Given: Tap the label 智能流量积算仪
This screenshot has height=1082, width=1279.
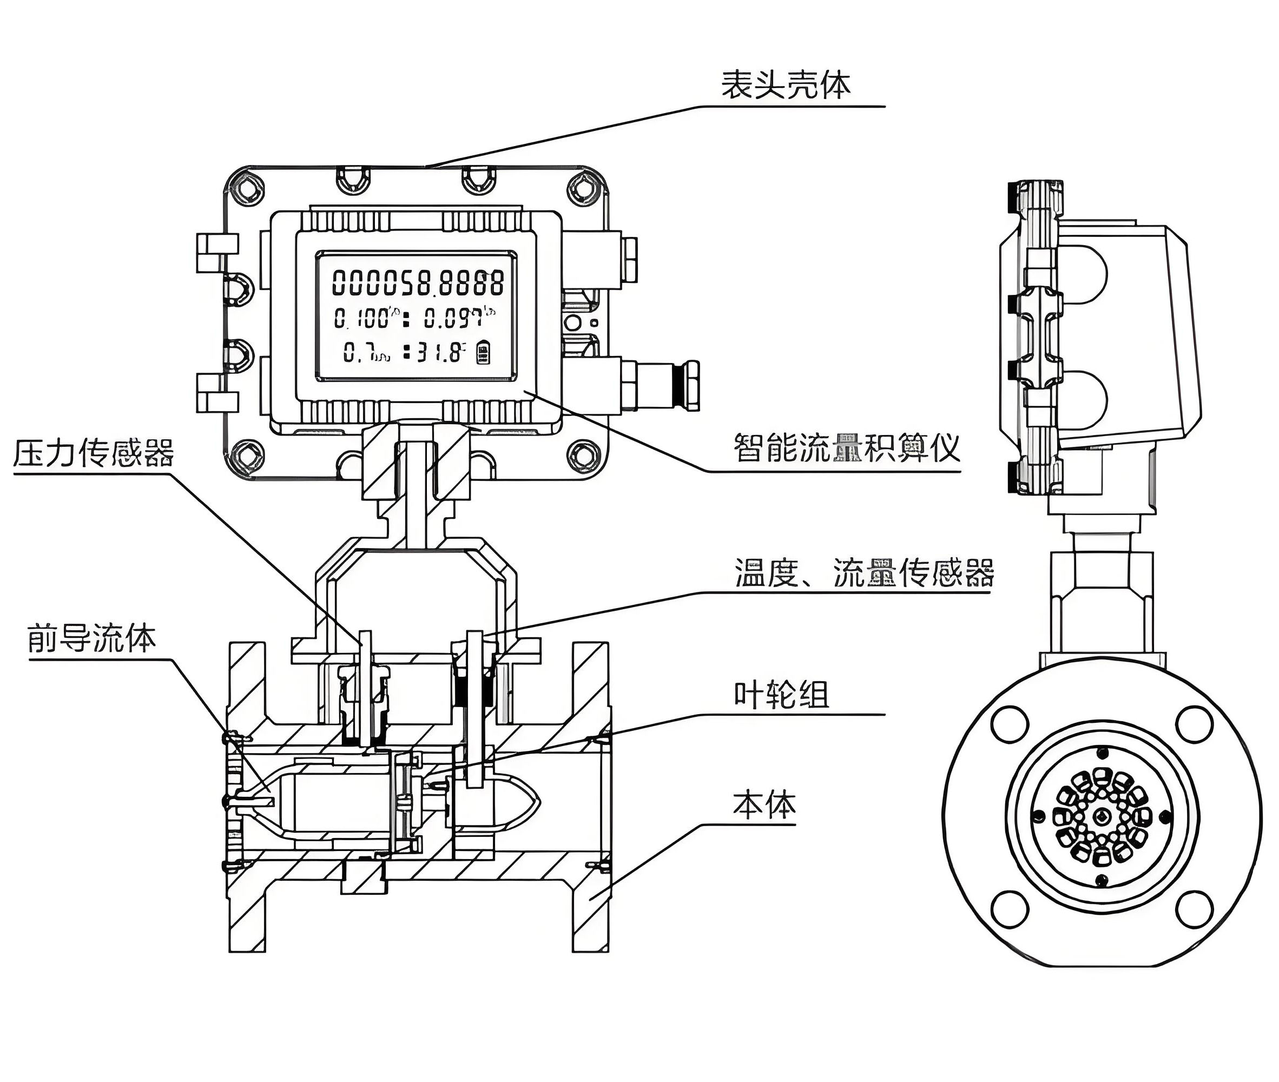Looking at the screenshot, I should [846, 447].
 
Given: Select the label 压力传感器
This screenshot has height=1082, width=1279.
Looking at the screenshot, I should [93, 453].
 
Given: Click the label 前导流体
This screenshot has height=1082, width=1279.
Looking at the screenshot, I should [91, 638].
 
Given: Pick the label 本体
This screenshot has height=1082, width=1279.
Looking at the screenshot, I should [764, 805].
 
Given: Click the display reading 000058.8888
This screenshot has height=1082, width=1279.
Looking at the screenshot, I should [418, 283].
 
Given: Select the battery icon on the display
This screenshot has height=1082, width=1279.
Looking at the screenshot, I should [483, 353].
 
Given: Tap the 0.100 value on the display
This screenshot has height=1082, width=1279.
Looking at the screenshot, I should [362, 318].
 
